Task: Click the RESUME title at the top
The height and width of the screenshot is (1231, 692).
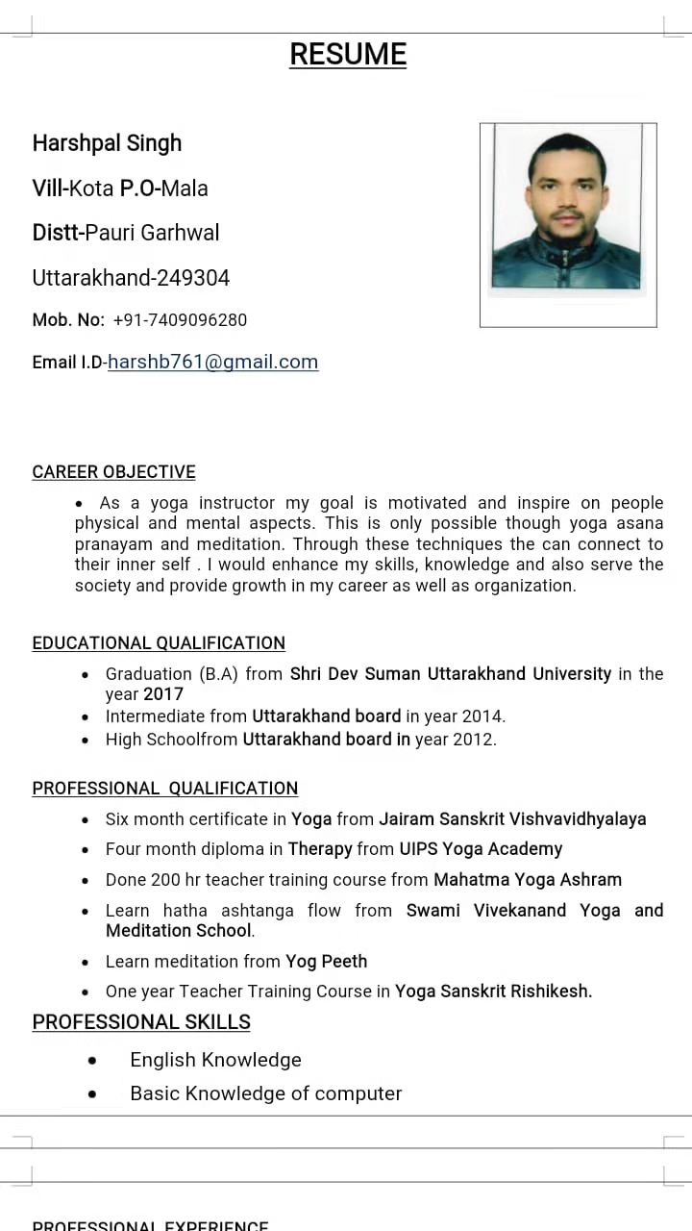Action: pyautogui.click(x=348, y=55)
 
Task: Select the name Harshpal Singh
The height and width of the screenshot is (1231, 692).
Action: pyautogui.click(x=107, y=143)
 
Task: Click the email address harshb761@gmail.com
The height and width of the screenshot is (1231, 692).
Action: pyautogui.click(x=212, y=362)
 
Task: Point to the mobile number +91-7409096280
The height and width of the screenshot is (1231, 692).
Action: pyautogui.click(x=180, y=320)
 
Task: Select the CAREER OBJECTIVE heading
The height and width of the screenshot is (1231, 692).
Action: pyautogui.click(x=113, y=472)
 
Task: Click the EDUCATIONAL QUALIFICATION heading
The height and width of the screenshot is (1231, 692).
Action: pyautogui.click(x=159, y=643)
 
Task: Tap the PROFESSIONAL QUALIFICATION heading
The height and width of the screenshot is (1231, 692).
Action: pyautogui.click(x=164, y=789)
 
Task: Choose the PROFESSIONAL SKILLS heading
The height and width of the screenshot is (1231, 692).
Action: pyautogui.click(x=141, y=1022)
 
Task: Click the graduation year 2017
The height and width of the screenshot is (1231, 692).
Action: pyautogui.click(x=163, y=694)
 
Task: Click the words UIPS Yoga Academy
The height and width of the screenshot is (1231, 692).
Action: pyautogui.click(x=481, y=849)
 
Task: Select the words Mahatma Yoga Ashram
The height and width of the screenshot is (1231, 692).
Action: pyautogui.click(x=528, y=880)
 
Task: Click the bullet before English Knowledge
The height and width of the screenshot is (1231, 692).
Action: pyautogui.click(x=92, y=1061)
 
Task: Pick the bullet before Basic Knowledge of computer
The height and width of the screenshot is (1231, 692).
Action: pyautogui.click(x=92, y=1094)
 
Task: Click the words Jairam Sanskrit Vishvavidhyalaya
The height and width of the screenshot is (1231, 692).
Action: pyautogui.click(x=512, y=819)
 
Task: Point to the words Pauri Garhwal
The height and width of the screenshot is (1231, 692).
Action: pyautogui.click(x=153, y=233)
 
